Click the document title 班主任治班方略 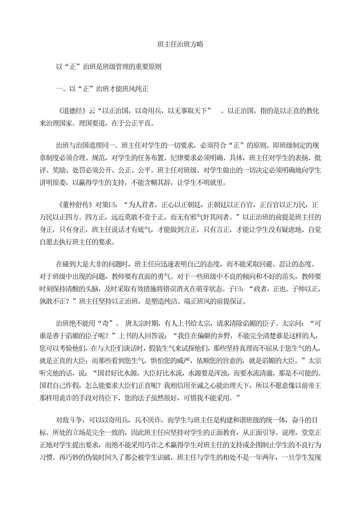pos(180,44)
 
